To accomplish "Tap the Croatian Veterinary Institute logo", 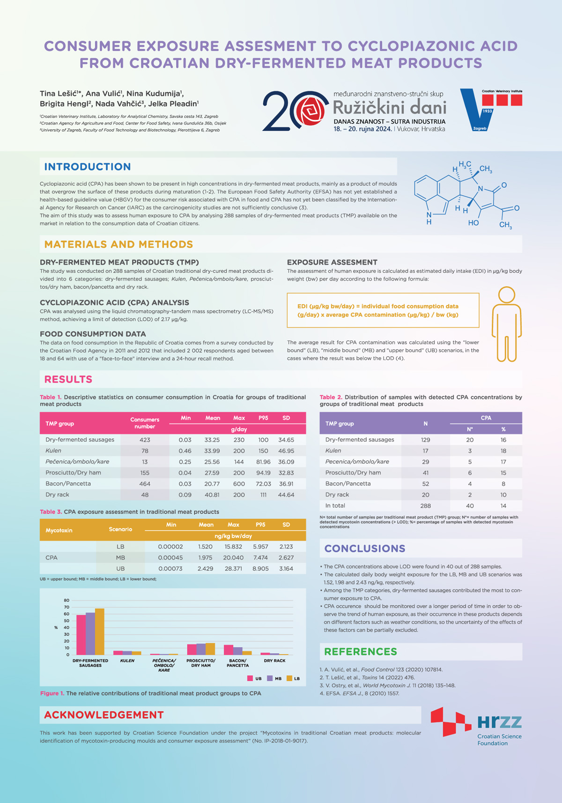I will [x=491, y=110].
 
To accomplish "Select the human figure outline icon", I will [x=506, y=324].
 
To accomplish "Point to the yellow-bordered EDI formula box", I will [x=383, y=310].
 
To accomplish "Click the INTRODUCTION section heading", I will [x=88, y=167].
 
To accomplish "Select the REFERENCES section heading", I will [x=360, y=651].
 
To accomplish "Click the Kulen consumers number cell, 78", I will [x=145, y=450].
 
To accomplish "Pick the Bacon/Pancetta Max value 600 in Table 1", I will [x=239, y=484].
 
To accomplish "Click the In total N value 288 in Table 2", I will [x=425, y=506].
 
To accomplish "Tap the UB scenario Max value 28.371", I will [x=233, y=568].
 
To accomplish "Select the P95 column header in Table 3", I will [x=260, y=525].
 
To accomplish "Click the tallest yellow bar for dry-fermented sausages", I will [x=100, y=631].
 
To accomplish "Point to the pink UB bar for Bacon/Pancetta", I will [x=229, y=649].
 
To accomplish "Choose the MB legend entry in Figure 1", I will [x=274, y=678].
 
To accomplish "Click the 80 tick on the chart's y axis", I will [x=67, y=600].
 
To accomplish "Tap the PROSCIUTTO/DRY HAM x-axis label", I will [x=201, y=663].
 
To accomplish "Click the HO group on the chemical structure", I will [x=473, y=223].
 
